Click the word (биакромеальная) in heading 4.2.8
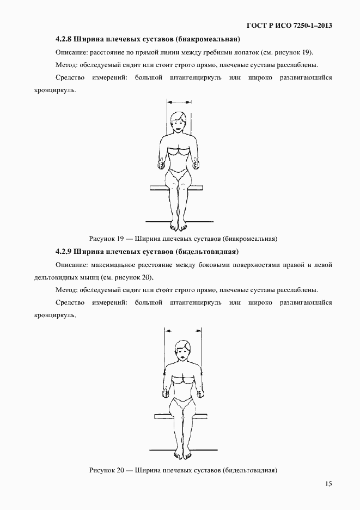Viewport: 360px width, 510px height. (x=209, y=39)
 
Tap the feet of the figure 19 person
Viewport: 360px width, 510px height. (x=179, y=225)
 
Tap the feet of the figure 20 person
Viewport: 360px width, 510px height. (x=183, y=454)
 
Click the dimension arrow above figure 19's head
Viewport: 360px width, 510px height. (x=180, y=101)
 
